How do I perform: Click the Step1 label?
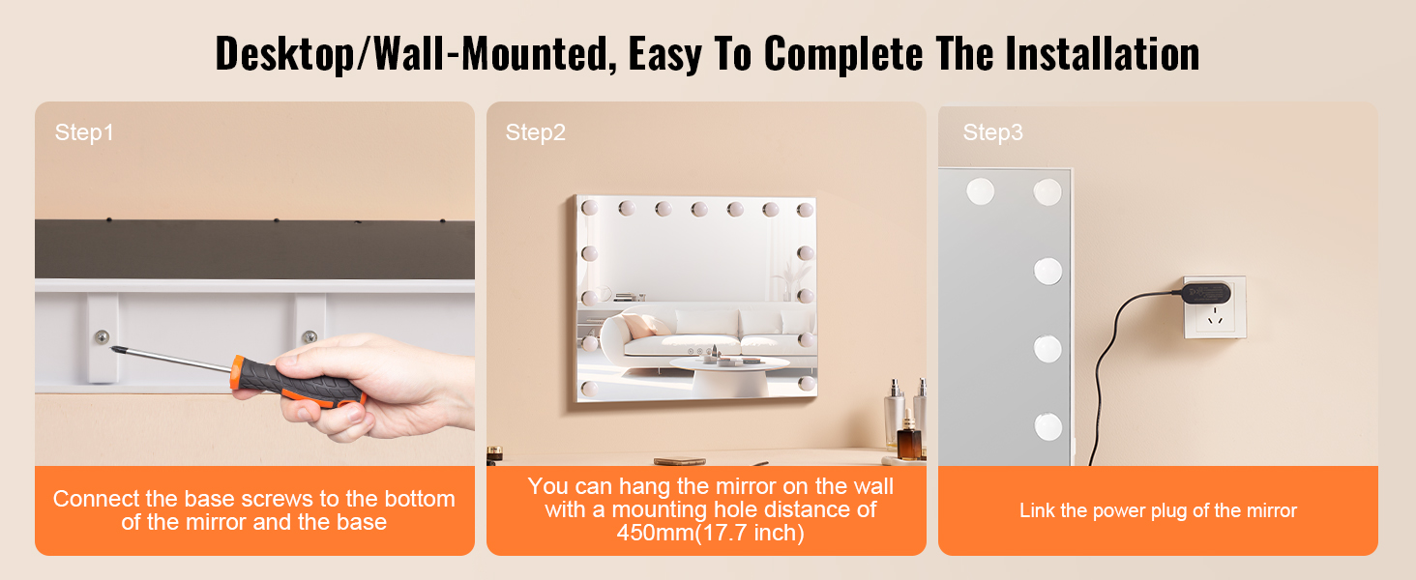tap(84, 132)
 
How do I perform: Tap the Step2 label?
tap(536, 132)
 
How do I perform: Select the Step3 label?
tap(992, 132)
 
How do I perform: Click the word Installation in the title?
tap(1102, 54)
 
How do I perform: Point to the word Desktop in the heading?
tap(284, 55)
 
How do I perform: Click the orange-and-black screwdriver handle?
tap(298, 383)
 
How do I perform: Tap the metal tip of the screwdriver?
tap(116, 349)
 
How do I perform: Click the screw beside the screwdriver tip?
tap(102, 336)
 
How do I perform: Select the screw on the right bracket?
tap(310, 336)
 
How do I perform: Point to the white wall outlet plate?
tap(1215, 307)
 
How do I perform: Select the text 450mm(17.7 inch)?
tap(711, 533)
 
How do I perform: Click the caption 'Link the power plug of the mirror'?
tap(1158, 510)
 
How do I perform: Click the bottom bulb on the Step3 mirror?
tap(1047, 427)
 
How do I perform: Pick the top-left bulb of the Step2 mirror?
tap(589, 207)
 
